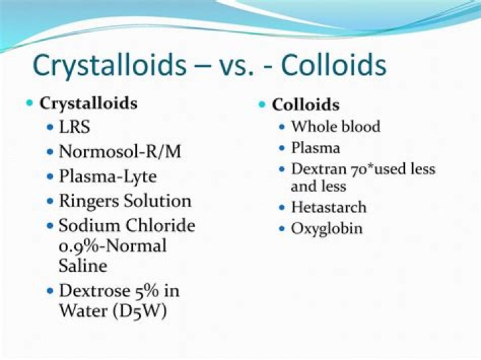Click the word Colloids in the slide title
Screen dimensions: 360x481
click(333, 67)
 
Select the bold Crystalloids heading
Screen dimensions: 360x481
click(89, 104)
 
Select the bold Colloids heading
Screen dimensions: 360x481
click(305, 105)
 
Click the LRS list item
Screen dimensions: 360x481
click(75, 128)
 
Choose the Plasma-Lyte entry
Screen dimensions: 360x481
click(108, 176)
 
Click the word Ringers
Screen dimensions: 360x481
click(89, 200)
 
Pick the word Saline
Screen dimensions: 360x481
click(83, 266)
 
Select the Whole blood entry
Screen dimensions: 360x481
click(335, 127)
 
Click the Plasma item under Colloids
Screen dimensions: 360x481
click(315, 148)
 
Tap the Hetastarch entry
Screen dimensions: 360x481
click(329, 207)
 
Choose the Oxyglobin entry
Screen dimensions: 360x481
click(327, 228)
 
